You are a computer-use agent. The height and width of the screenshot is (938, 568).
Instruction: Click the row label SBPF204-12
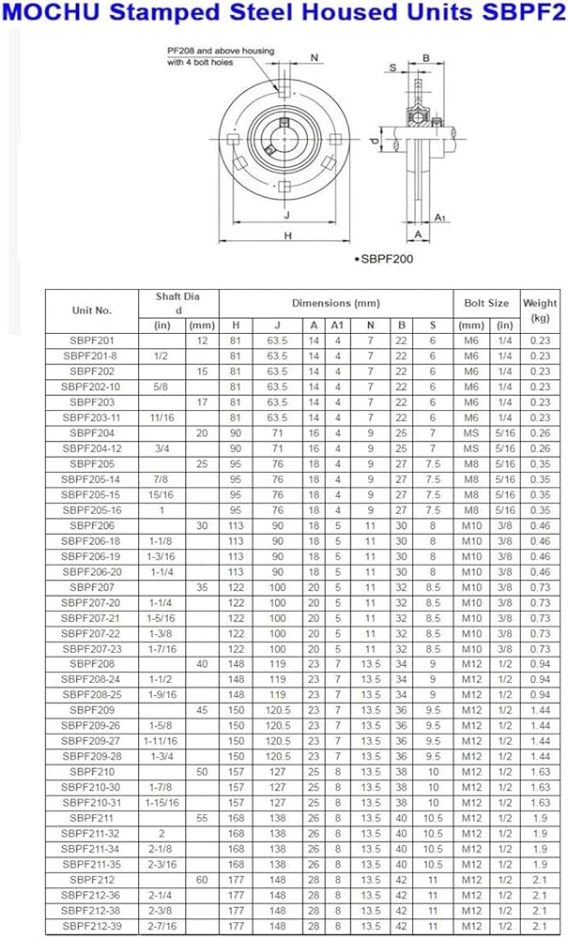pyautogui.click(x=91, y=449)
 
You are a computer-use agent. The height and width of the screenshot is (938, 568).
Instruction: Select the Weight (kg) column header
pyautogui.click(x=540, y=310)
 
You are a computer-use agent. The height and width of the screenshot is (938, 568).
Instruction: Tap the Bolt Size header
pyautogui.click(x=486, y=303)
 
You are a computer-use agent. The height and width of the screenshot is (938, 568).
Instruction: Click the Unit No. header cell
pyautogui.click(x=91, y=310)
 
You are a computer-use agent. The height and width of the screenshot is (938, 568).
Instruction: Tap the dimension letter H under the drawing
pyautogui.click(x=287, y=235)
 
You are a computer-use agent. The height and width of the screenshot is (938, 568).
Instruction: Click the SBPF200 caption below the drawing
pyautogui.click(x=385, y=258)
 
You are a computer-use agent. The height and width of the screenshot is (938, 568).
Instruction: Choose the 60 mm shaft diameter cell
pyautogui.click(x=202, y=879)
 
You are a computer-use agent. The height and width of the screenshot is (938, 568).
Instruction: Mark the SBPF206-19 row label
pyautogui.click(x=91, y=556)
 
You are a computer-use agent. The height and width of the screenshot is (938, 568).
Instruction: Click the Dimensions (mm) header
pyautogui.click(x=335, y=303)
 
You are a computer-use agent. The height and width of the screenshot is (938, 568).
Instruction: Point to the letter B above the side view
pyautogui.click(x=425, y=57)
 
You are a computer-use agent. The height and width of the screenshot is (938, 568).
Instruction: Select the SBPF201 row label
pyautogui.click(x=91, y=341)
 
